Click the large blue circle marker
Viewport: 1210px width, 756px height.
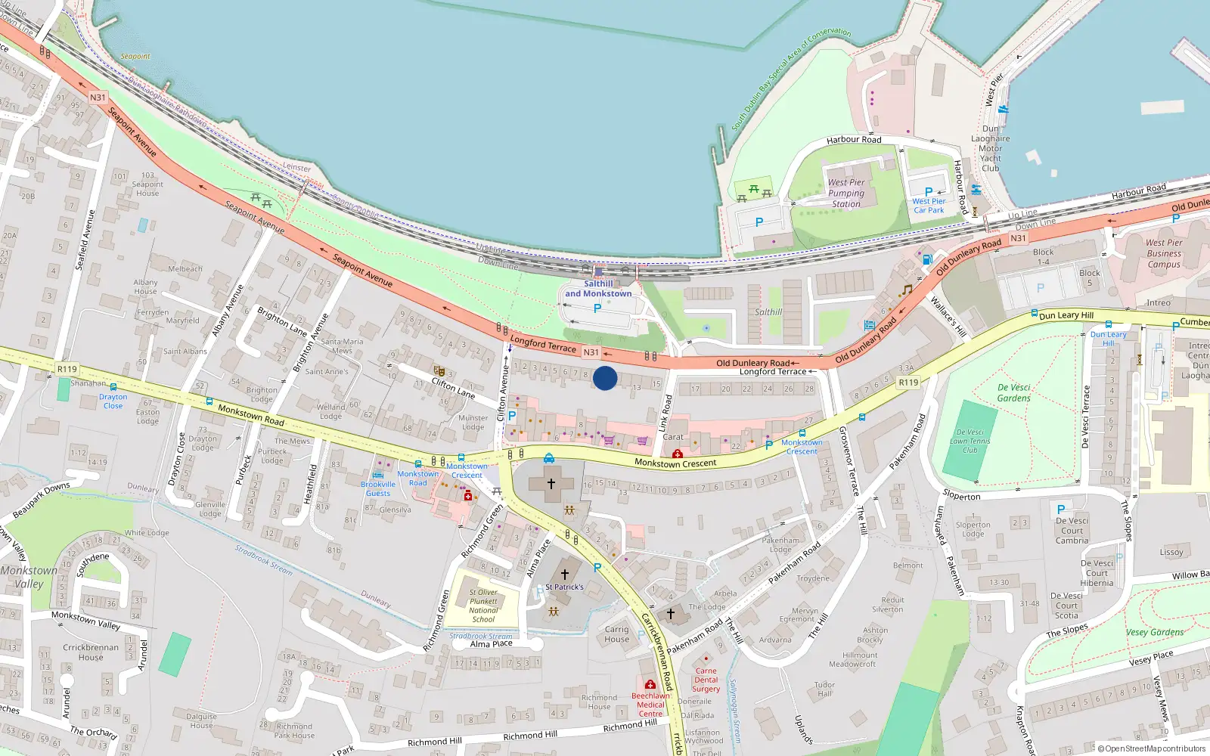click(605, 378)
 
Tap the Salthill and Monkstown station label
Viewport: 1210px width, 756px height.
click(598, 289)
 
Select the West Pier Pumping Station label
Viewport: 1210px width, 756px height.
click(846, 193)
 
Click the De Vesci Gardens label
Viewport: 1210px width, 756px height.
click(1014, 392)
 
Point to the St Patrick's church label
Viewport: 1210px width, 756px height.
click(564, 587)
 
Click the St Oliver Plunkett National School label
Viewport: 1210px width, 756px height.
click(483, 606)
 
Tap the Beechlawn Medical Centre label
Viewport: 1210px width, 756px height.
click(650, 705)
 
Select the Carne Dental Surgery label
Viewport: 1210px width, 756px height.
click(706, 680)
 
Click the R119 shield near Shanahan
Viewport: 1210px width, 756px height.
click(67, 369)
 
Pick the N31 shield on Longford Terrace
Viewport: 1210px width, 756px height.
click(591, 352)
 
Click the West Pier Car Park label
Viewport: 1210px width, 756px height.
click(929, 206)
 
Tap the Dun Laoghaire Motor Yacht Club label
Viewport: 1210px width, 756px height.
click(991, 148)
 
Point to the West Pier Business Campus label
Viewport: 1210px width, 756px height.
click(1164, 253)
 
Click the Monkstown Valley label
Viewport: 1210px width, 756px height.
click(29, 577)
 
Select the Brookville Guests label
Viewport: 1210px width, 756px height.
click(378, 488)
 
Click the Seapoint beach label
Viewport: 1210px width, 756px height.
click(135, 57)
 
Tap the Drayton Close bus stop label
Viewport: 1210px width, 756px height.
click(113, 401)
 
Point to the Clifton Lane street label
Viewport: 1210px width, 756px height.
click(453, 388)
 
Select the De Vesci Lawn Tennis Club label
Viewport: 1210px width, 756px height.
click(970, 441)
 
